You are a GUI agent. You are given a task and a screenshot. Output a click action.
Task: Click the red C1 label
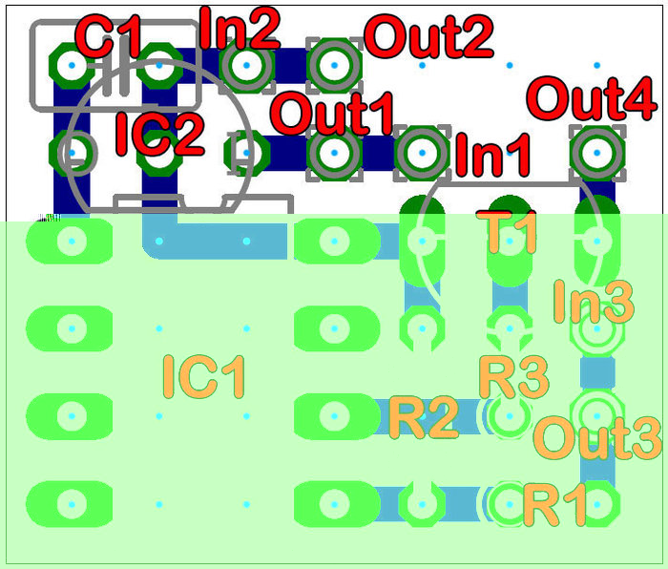[108, 38]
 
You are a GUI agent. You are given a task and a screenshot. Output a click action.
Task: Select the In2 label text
[240, 28]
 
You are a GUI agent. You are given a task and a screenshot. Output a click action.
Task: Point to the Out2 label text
[429, 37]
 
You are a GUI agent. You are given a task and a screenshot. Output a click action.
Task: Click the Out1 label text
[333, 114]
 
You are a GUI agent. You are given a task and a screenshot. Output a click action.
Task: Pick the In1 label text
[492, 156]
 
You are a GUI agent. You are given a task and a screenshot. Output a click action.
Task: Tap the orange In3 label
[594, 303]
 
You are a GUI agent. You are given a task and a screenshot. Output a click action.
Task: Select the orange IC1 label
[204, 376]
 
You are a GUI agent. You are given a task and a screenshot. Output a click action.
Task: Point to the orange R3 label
[513, 377]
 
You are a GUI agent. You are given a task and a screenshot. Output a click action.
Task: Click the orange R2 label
[423, 417]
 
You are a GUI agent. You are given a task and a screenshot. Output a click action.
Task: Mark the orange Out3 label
[596, 438]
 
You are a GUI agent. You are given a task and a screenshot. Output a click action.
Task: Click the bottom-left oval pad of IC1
[69, 503]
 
